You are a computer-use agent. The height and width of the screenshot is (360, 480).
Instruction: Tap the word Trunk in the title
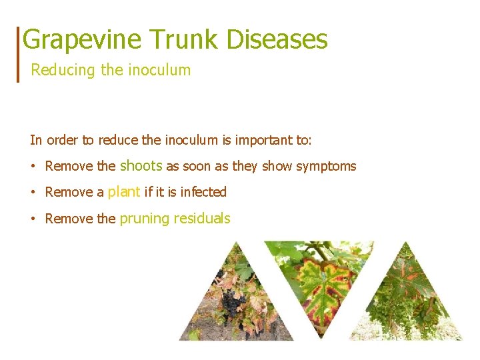point(183,39)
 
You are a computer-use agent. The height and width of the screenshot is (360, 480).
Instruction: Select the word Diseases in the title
point(277,39)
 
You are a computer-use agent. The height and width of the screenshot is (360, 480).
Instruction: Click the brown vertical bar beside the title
point(18,54)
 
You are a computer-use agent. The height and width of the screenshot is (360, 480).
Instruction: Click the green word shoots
point(141,165)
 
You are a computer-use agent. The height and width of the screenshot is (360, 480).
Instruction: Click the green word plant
point(124,192)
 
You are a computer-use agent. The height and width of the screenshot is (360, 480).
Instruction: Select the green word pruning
point(144,219)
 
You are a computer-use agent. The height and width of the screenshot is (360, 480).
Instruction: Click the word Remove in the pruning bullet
point(67,219)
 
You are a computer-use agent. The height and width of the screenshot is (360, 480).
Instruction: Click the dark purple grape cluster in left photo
point(232,303)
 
